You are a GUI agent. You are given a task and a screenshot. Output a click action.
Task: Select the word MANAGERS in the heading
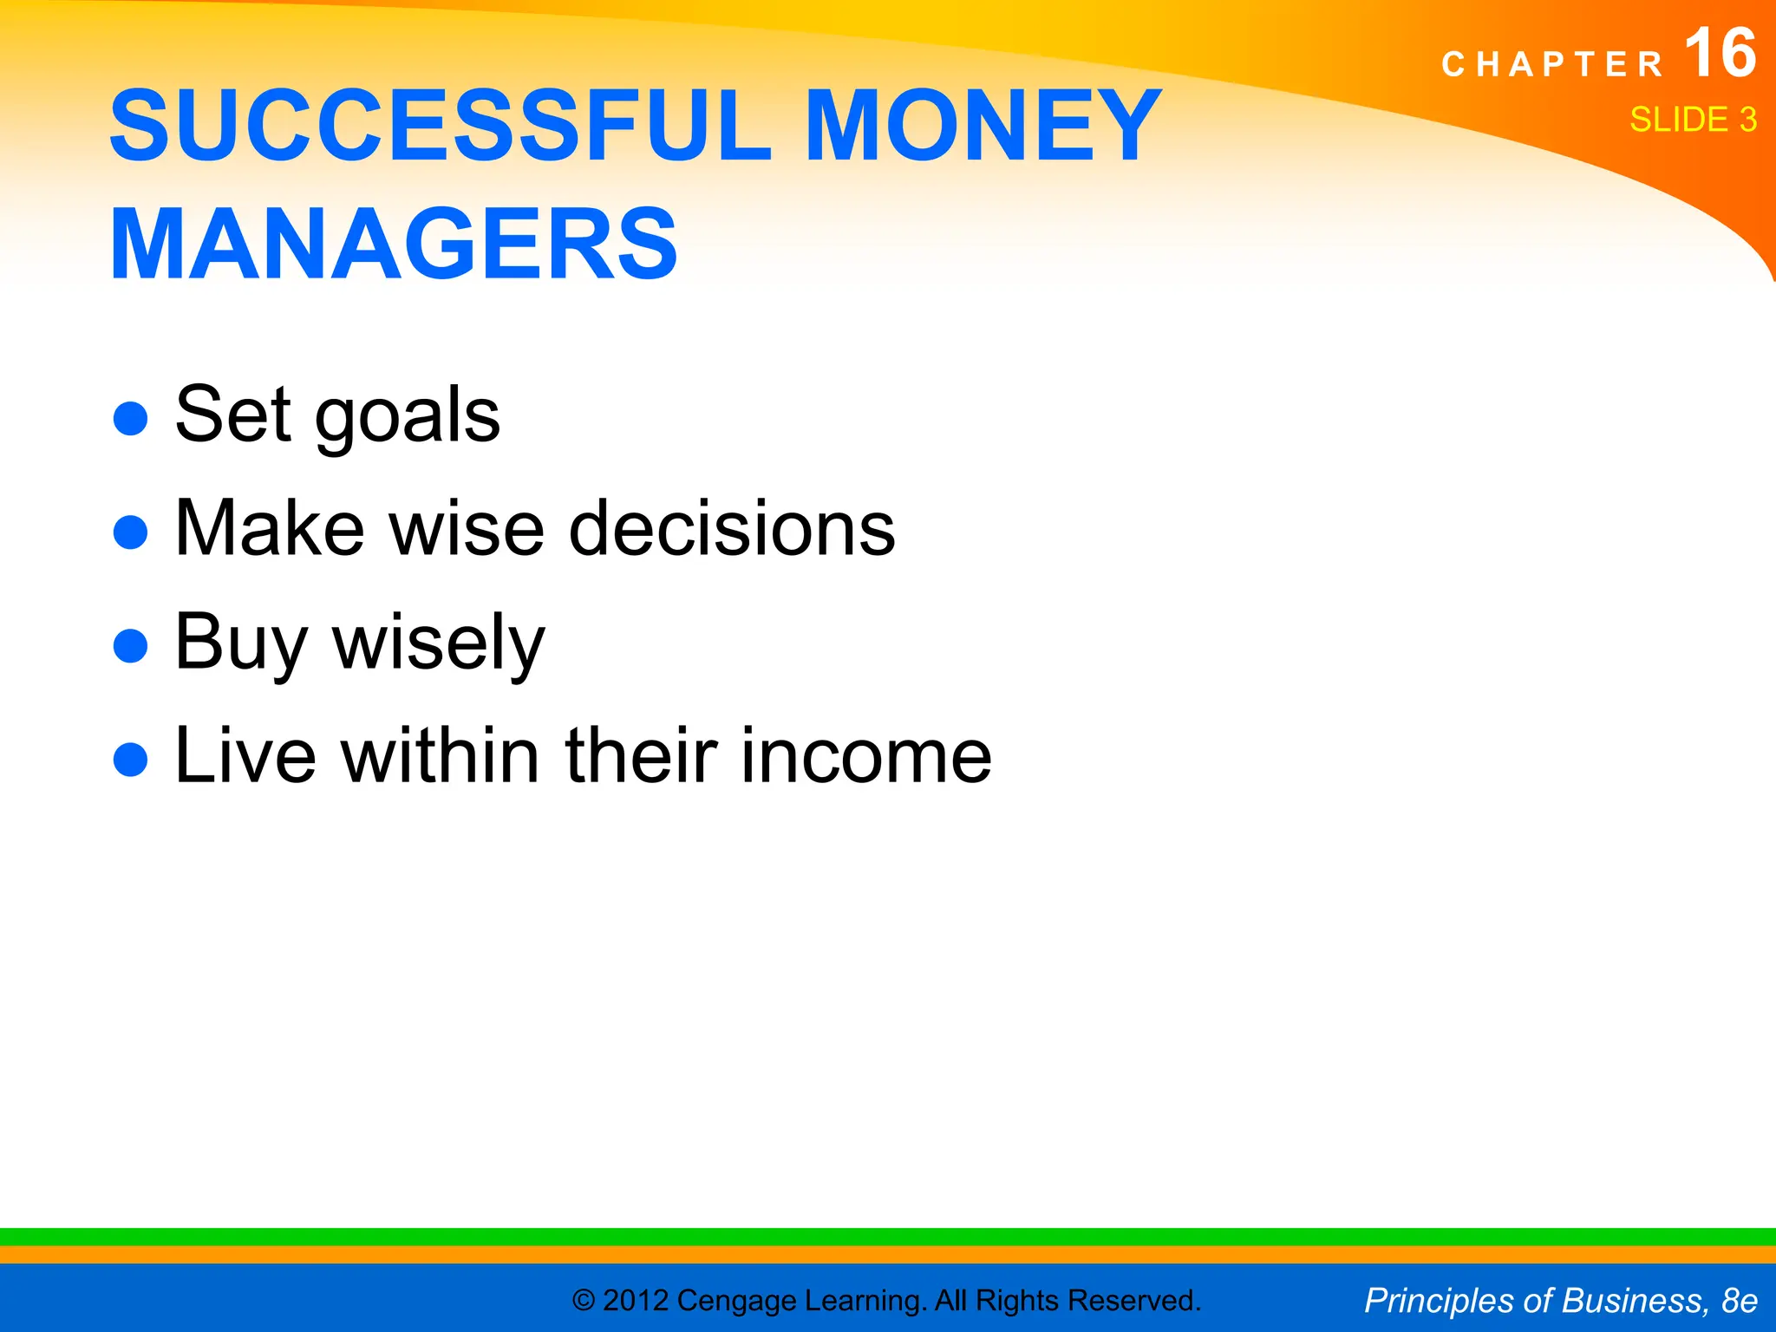pos(394,245)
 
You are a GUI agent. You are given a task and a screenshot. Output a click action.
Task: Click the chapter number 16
pos(1720,54)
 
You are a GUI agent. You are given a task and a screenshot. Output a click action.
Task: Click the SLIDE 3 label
pos(1692,120)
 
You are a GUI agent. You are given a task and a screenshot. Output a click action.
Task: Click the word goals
pos(407,416)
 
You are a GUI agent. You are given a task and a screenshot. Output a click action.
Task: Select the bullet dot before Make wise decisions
pos(131,532)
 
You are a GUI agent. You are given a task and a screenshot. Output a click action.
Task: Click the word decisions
pos(731,529)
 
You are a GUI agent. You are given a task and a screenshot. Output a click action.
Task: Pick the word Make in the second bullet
pos(270,529)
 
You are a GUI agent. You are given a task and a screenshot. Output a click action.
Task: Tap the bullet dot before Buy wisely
pos(131,645)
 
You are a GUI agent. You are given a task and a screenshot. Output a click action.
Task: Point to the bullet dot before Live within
pos(131,760)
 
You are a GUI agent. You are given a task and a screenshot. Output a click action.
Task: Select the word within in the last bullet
pos(441,756)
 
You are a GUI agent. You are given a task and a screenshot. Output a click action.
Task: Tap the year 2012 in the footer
pos(635,1301)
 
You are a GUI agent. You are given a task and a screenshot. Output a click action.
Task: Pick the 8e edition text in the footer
pos(1739,1301)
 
